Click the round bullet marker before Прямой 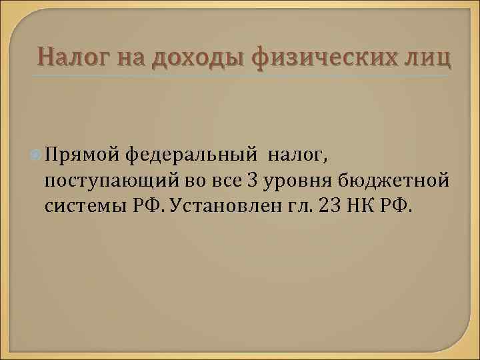tap(36, 155)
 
